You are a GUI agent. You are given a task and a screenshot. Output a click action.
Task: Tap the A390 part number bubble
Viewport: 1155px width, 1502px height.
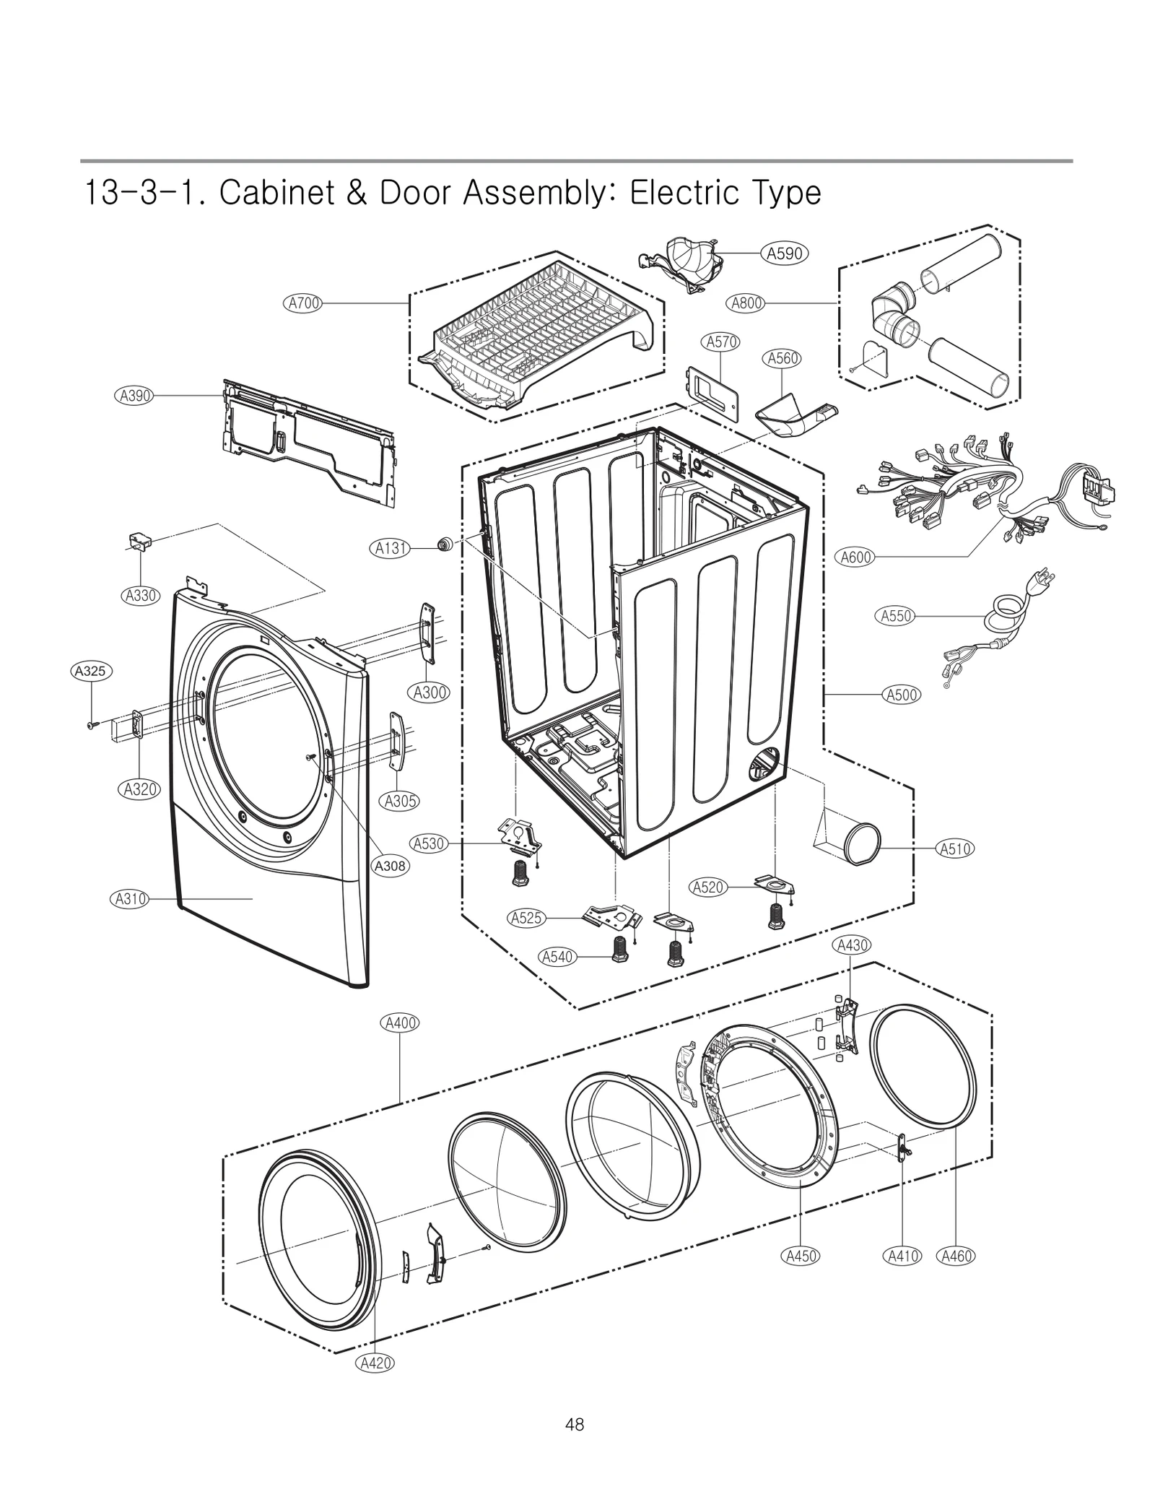coord(134,395)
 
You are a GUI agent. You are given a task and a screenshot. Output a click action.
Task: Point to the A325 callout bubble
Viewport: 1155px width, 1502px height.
coord(91,671)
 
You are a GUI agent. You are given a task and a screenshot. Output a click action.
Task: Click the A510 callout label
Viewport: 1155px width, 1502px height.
coord(954,848)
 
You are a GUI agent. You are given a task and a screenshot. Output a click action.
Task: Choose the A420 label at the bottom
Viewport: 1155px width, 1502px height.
coord(375,1363)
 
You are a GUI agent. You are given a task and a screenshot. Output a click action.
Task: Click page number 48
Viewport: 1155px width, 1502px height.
coord(575,1425)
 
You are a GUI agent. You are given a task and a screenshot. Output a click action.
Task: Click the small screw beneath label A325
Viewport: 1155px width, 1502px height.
coord(92,724)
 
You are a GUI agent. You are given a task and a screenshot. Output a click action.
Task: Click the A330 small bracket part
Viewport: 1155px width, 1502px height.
coord(138,541)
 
